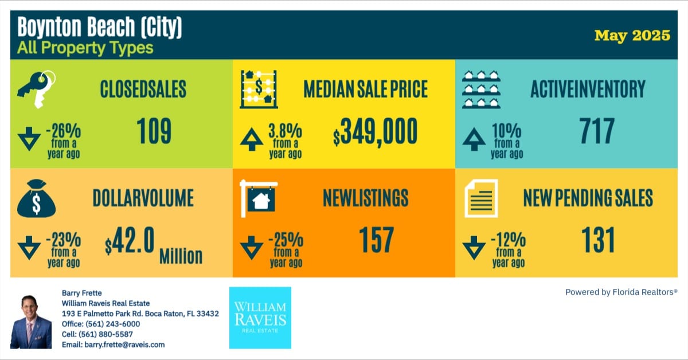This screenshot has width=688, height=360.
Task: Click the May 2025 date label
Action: pos(632,36)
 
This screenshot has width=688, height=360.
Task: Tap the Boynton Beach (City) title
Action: pos(99,28)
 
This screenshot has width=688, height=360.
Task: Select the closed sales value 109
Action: pos(154,131)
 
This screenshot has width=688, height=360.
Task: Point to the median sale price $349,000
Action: pos(375,132)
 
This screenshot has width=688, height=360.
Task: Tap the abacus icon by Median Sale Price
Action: pos(259,89)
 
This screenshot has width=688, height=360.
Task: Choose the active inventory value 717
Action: pos(597,131)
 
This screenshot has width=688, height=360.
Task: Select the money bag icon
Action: pos(36,197)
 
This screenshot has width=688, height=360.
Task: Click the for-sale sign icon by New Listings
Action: pos(258,198)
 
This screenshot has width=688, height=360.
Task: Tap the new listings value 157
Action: pos(377,240)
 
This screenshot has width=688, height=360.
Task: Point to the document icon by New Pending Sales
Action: pos(480,198)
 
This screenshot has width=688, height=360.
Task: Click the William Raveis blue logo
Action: pos(260,318)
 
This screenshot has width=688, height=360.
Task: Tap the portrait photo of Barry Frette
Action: pos(31,322)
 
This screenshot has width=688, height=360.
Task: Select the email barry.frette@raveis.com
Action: pos(113,345)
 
